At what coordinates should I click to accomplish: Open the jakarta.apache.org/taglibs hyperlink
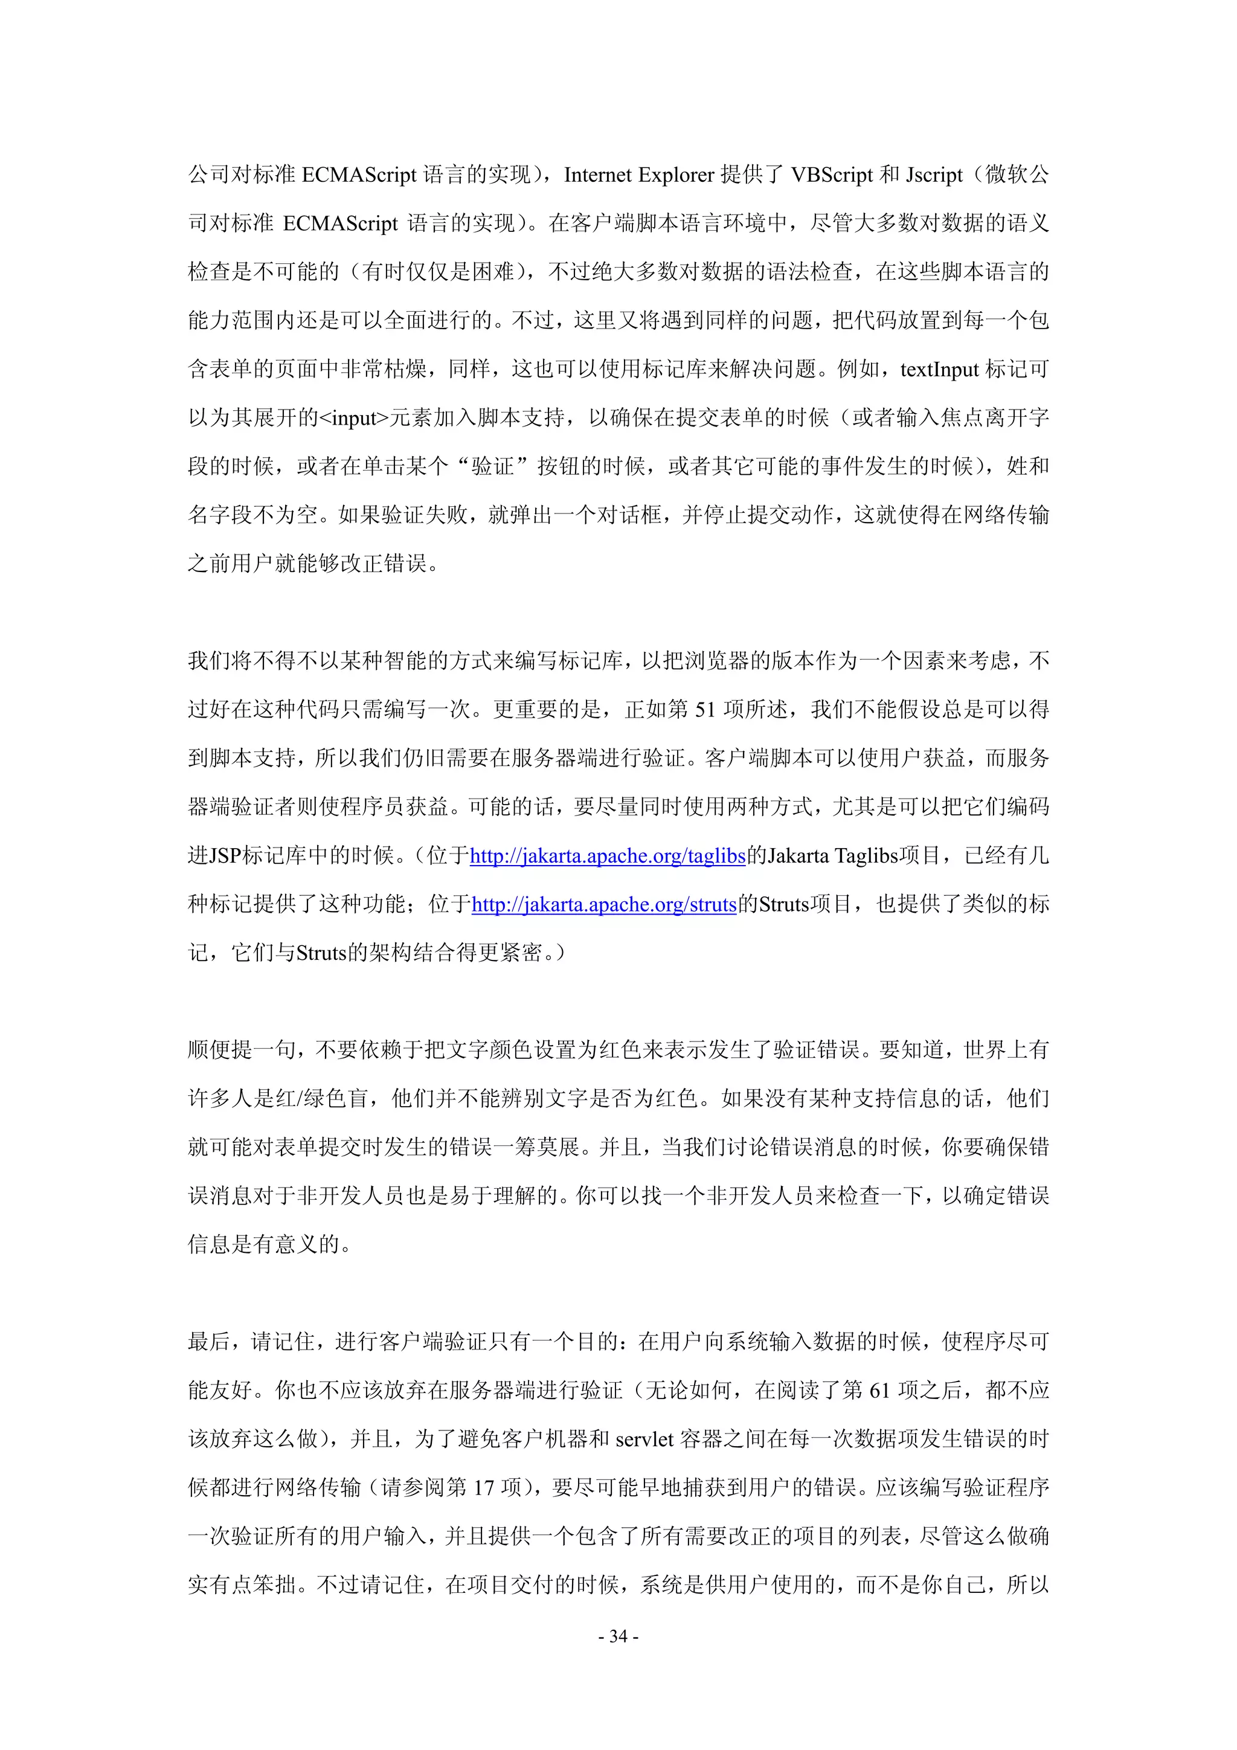(x=608, y=856)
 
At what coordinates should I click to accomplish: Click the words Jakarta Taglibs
(x=833, y=856)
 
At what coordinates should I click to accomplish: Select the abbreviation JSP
(x=226, y=856)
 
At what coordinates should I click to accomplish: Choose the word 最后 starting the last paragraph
(x=210, y=1342)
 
